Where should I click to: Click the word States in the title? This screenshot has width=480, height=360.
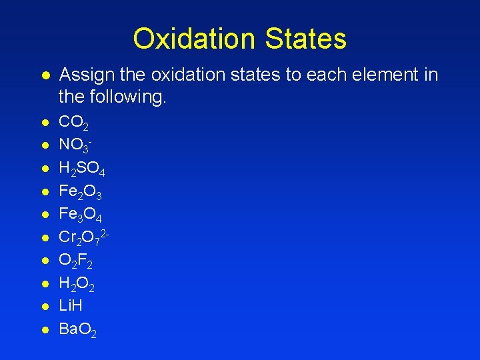pyautogui.click(x=305, y=39)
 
